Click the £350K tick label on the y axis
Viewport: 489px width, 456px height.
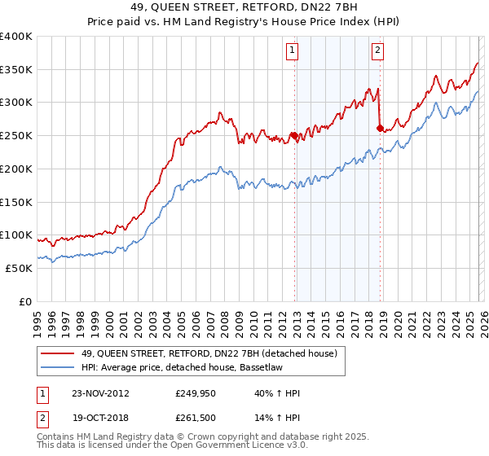tap(16, 69)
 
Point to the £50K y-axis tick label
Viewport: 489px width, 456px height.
tap(19, 268)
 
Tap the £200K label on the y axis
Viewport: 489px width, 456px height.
tap(16, 169)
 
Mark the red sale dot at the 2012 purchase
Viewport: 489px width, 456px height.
tap(293, 136)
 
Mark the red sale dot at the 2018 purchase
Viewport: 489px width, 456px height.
tap(380, 128)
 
